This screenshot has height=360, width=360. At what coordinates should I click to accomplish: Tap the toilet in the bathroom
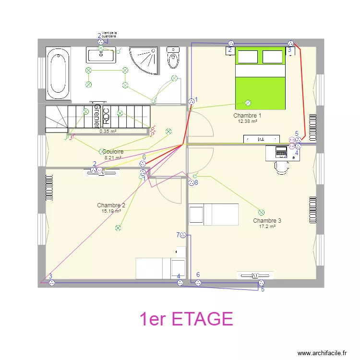[x=173, y=58]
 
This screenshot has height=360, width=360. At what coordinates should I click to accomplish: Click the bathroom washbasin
[x=101, y=55]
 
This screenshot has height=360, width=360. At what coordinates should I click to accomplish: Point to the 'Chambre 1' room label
[x=247, y=116]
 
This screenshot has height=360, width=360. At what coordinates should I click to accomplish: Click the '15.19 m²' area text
[x=111, y=211]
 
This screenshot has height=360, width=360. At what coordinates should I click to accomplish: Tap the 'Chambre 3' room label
[x=267, y=221]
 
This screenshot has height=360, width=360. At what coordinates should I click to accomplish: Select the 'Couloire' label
[x=112, y=152]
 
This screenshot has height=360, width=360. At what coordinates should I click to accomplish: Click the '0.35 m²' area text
[x=108, y=131]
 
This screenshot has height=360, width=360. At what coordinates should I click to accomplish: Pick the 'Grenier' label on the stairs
[x=97, y=115]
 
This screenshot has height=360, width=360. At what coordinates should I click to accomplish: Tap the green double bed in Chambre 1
[x=260, y=79]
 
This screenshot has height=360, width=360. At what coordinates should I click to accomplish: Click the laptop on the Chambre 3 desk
[x=279, y=152]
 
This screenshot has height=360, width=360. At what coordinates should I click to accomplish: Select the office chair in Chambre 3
[x=281, y=166]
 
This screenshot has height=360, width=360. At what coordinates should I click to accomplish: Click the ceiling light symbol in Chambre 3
[x=261, y=212]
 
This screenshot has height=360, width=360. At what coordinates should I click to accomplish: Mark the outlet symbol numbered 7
[x=183, y=235]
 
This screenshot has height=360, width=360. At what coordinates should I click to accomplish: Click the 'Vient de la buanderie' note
[x=109, y=35]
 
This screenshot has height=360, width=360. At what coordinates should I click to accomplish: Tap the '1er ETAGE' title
[x=186, y=319]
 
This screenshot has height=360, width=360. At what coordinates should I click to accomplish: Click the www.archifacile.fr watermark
[x=322, y=353]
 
